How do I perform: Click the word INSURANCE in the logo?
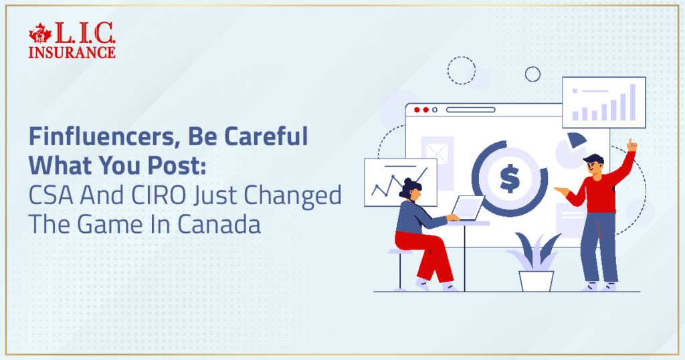(x=72, y=52)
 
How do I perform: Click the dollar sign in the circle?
(x=510, y=178)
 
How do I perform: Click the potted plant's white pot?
(x=536, y=280)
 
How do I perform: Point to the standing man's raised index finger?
(x=629, y=143)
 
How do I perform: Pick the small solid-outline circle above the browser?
(x=532, y=74)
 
